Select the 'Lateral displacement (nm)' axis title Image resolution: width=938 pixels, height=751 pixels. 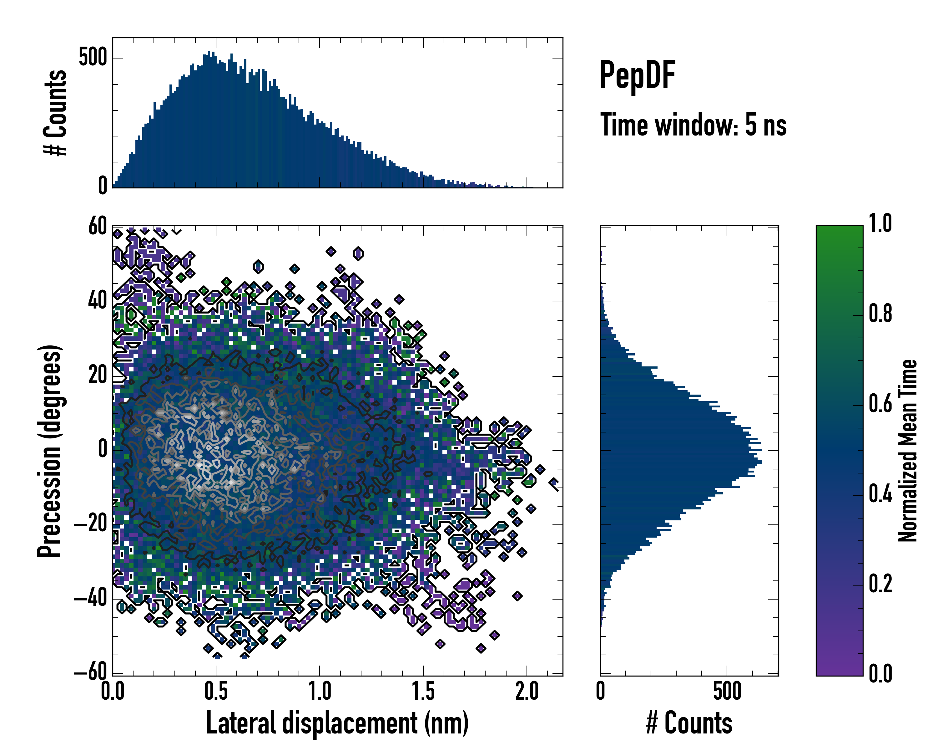(x=337, y=723)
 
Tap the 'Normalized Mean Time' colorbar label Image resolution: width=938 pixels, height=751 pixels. (x=908, y=451)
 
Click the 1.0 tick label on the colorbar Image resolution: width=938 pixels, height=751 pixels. (x=880, y=224)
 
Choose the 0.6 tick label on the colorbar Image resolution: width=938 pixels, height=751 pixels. (x=880, y=404)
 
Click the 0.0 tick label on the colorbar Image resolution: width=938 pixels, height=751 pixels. (x=880, y=673)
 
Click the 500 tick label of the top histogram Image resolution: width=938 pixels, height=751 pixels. (x=92, y=58)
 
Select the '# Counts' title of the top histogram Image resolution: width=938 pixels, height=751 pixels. (x=55, y=113)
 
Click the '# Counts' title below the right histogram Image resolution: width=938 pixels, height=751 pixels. (x=689, y=723)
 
